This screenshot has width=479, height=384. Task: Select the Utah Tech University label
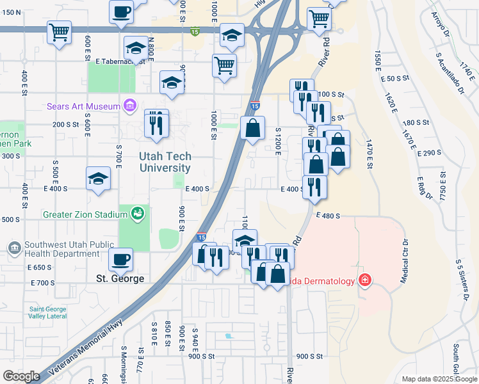point(165,162)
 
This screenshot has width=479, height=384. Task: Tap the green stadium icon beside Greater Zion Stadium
point(137,214)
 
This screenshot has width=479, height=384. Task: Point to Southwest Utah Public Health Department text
point(61,249)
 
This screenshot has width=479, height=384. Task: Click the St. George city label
point(120,278)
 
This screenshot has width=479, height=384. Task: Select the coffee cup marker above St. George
point(120,259)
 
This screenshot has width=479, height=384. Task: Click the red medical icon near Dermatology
point(364,279)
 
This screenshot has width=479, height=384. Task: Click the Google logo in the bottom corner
point(21,376)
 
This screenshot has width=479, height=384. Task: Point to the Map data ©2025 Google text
point(439,379)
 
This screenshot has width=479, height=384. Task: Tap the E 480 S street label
point(327,216)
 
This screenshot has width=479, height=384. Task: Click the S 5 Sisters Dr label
point(459,279)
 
